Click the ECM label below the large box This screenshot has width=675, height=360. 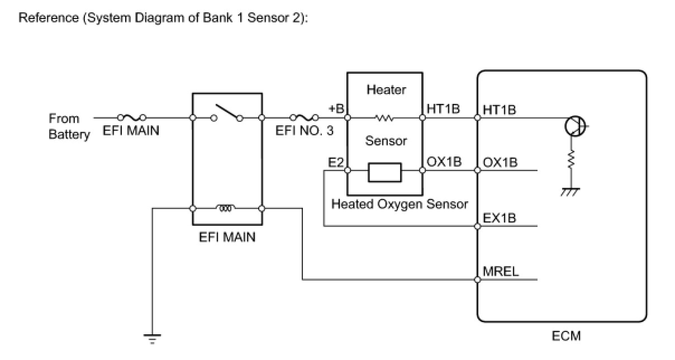(x=565, y=335)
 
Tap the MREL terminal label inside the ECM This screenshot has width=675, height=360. (x=501, y=272)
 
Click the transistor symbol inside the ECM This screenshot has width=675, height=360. (x=574, y=127)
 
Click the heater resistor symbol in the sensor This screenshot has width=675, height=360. (x=386, y=118)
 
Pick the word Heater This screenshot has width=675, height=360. (x=386, y=89)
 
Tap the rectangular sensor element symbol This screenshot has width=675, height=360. (x=384, y=172)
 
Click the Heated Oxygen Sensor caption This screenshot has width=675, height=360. (x=400, y=204)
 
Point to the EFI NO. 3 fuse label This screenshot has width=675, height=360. (x=305, y=132)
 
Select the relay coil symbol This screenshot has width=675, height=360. (x=226, y=209)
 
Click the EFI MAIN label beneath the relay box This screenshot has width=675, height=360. (x=227, y=237)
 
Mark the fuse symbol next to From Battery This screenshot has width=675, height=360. (x=132, y=117)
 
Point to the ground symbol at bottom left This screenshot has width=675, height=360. (x=153, y=337)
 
